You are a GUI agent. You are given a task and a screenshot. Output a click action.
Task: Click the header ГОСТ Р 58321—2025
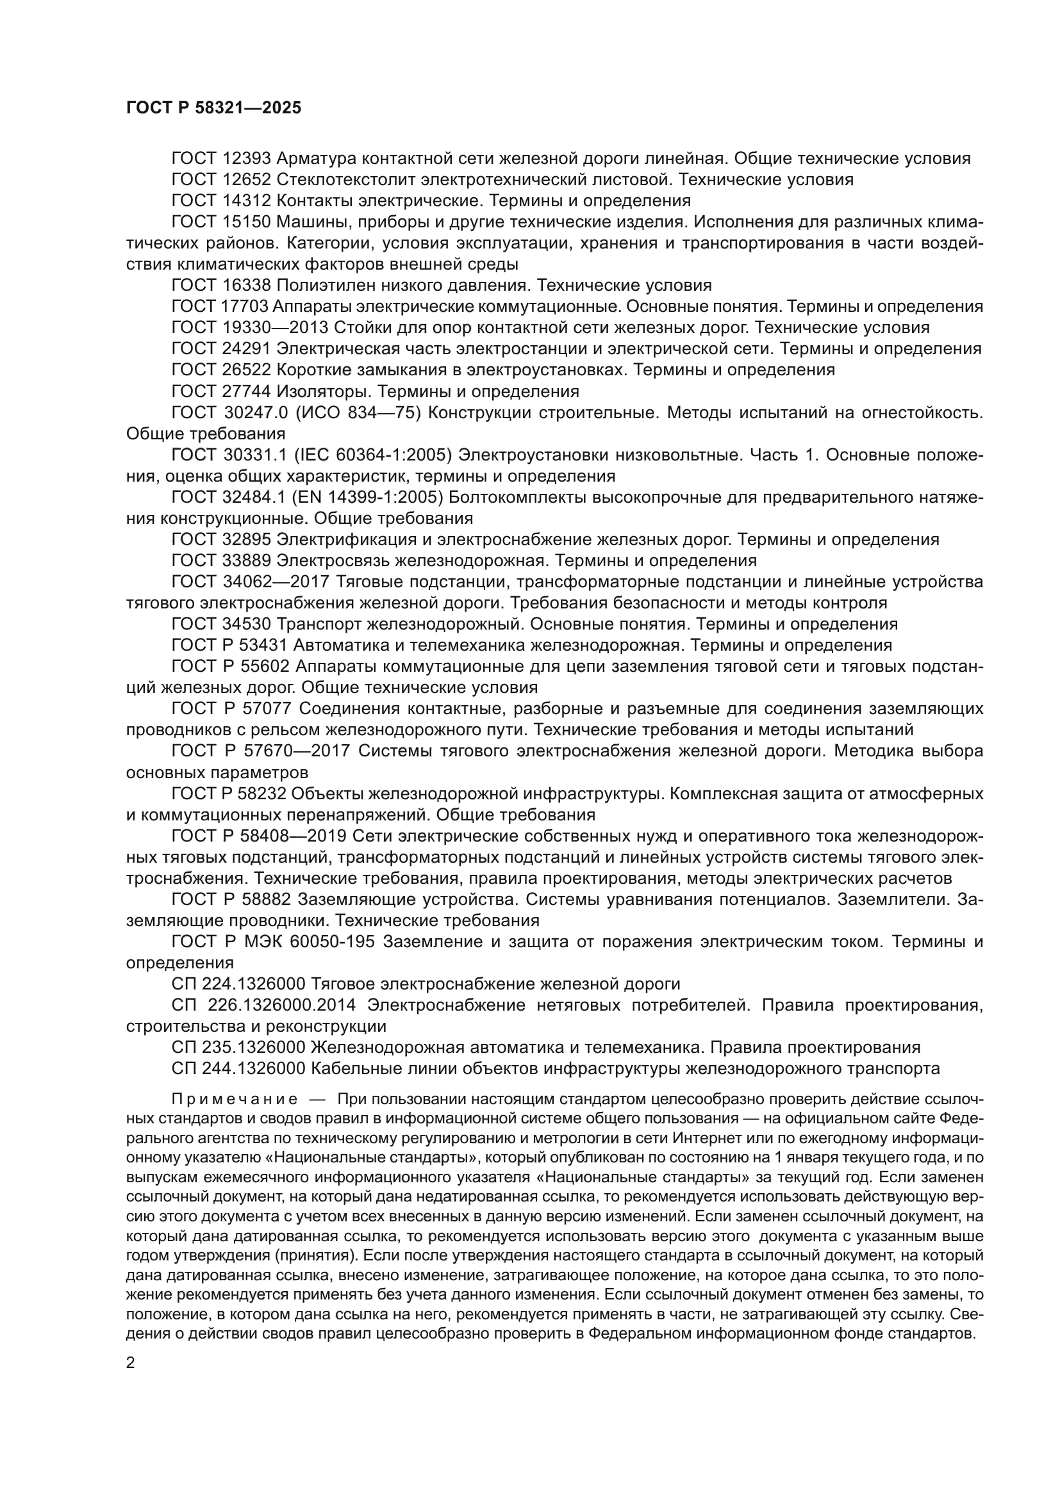coord(213,108)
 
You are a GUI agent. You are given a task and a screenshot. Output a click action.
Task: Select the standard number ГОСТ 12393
coord(221,159)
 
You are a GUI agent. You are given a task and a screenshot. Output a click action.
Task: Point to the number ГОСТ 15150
coord(221,222)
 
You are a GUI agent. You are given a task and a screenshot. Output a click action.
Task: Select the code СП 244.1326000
coord(238,1069)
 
